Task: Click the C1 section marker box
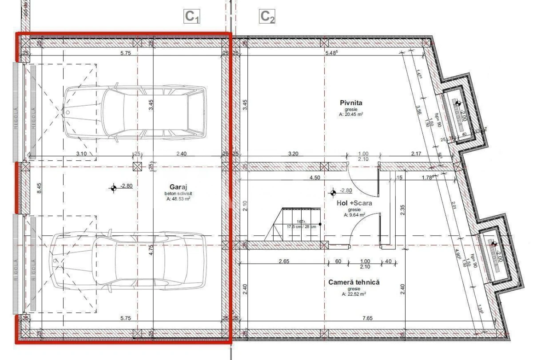(192, 17)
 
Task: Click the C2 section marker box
(267, 17)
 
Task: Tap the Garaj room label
(177, 187)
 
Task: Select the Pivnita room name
(351, 103)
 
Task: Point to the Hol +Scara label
(354, 203)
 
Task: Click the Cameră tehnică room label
(354, 282)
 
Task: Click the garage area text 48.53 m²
(178, 199)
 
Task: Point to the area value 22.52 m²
(354, 294)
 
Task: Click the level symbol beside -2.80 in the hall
(333, 192)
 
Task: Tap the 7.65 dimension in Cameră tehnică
(366, 318)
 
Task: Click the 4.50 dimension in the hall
(314, 177)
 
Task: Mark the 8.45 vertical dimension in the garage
(39, 189)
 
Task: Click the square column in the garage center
(138, 166)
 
